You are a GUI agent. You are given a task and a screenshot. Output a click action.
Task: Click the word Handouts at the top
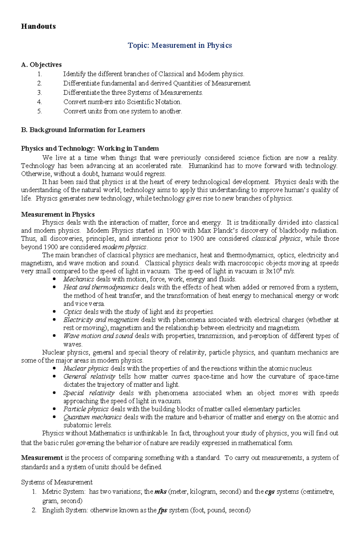(38, 26)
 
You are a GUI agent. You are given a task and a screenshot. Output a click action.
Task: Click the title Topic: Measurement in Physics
(180, 45)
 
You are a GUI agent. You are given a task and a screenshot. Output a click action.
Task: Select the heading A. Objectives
(41, 65)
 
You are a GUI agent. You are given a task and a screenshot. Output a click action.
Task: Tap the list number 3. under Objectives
(40, 93)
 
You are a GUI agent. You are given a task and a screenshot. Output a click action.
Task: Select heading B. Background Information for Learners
(83, 130)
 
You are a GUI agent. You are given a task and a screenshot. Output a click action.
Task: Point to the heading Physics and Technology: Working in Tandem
(90, 148)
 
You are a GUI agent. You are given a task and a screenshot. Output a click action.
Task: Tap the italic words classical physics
(276, 239)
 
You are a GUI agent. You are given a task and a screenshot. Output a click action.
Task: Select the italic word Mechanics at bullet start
(79, 279)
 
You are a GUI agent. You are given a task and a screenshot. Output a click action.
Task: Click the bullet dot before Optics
(54, 311)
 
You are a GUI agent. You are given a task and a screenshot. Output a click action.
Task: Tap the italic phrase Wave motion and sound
(98, 336)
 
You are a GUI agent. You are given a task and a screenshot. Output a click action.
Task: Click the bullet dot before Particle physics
(54, 409)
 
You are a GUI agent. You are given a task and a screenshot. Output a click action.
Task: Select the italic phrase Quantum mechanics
(92, 417)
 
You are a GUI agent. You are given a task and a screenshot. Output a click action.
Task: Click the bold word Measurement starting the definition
(42, 458)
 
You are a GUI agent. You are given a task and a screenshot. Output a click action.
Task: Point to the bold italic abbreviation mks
(160, 492)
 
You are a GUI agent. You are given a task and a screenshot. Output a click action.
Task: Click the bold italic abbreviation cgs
(270, 492)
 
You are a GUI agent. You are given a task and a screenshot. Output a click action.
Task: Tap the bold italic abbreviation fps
(162, 510)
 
